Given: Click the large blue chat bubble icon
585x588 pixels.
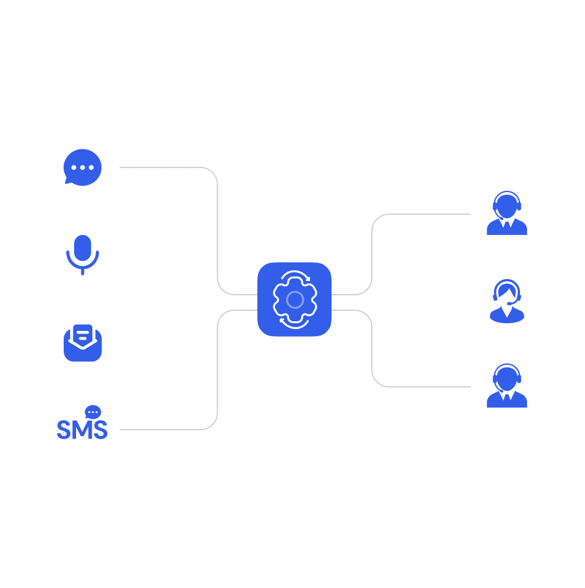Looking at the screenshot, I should pos(83,167).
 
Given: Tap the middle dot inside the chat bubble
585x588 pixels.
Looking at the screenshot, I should pos(83,167).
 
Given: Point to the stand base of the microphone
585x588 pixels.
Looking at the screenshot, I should pos(83,272).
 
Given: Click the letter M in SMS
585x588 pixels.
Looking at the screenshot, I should pos(82,430).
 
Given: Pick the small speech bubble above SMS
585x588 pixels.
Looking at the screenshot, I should pos(93,412).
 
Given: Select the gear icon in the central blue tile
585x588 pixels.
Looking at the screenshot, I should pos(294,299).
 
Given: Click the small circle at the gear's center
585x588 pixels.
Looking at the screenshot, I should pos(295,299).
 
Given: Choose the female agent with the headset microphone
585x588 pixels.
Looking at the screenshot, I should pos(507,300).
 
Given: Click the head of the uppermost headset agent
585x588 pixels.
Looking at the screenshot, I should pos(507,206).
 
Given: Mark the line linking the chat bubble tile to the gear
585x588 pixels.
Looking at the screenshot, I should pos(217,227).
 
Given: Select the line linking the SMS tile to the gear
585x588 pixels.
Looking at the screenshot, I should pos(217,370).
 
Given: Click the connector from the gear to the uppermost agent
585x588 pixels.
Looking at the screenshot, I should pos(372,253).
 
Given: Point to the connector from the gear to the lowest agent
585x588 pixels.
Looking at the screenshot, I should pos(372,350).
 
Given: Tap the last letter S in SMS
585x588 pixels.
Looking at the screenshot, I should pos(99,430).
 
